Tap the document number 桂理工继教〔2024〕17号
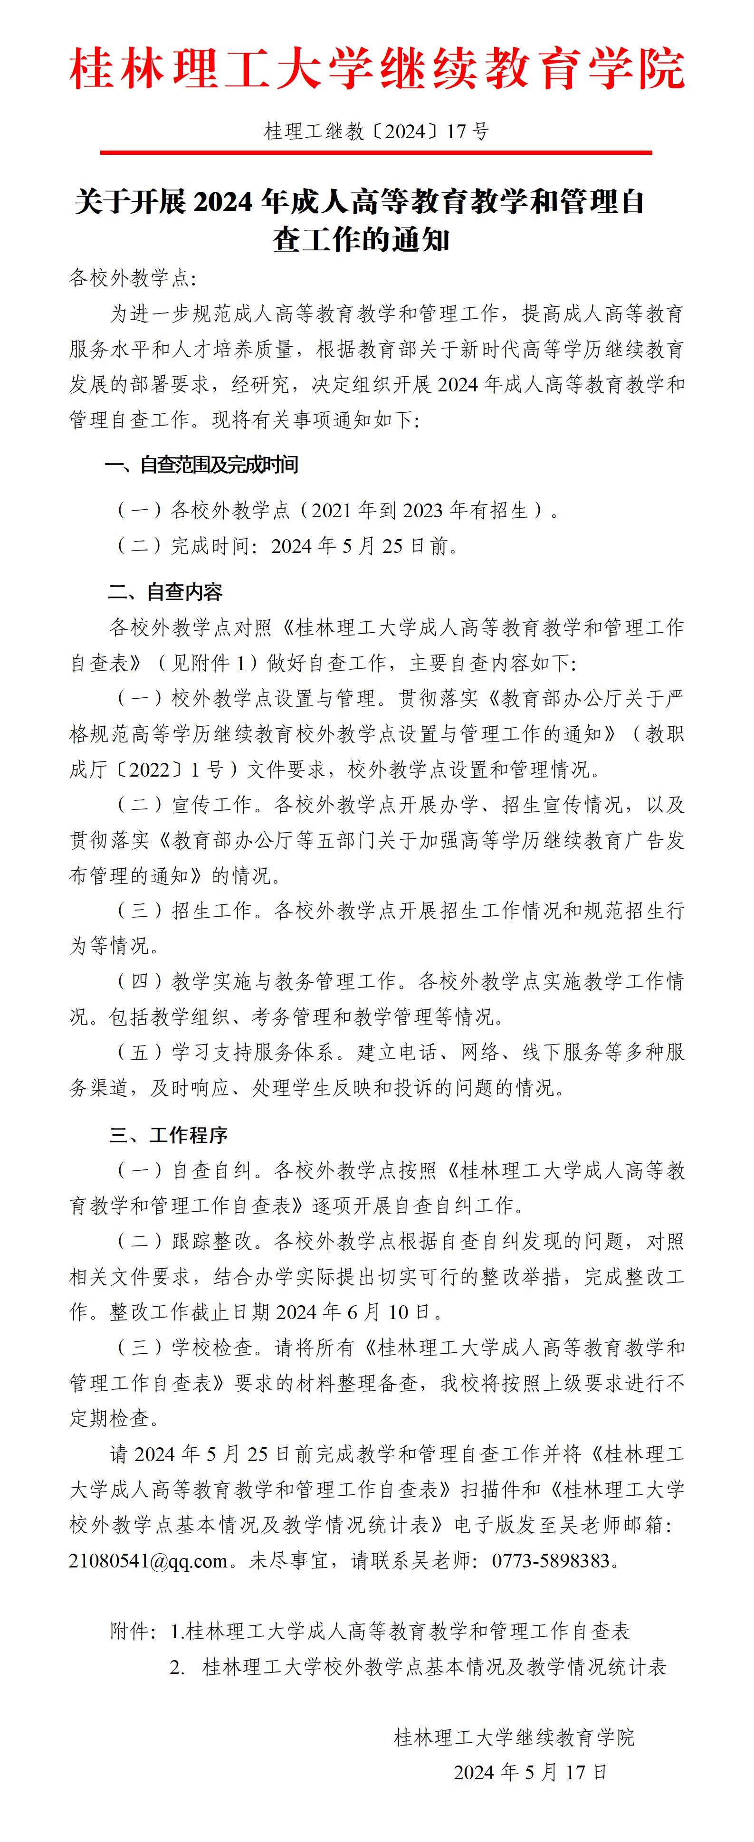(377, 132)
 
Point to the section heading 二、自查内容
(165, 592)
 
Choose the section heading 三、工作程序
(168, 1136)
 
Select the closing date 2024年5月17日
(530, 1773)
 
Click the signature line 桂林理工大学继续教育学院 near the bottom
(514, 1738)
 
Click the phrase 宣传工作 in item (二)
(212, 805)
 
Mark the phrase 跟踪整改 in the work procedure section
(212, 1241)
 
